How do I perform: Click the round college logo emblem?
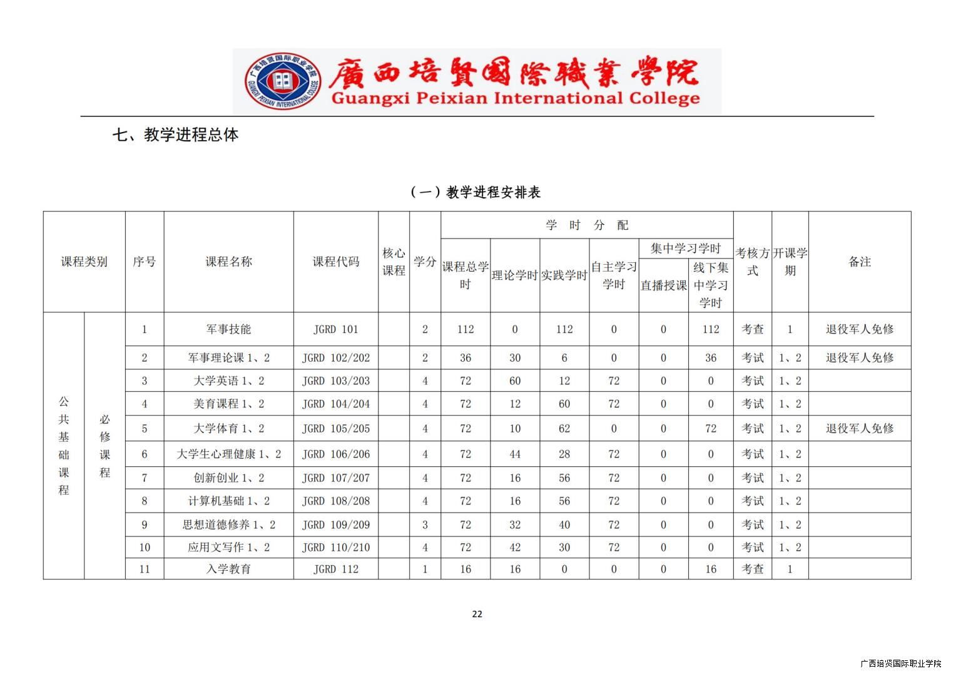pos(283,81)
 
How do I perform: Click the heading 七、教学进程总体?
pos(175,135)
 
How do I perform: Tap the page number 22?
pos(477,614)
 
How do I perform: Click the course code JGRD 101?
pos(336,329)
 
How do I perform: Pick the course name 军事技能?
pos(228,329)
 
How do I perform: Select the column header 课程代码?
pos(336,262)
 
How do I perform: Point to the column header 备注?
pos(860,262)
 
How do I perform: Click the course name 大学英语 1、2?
pos(228,381)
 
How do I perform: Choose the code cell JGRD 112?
pos(336,569)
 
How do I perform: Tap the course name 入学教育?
pos(228,569)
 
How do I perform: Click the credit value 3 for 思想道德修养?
pos(425,525)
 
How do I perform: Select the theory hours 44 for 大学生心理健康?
pos(515,454)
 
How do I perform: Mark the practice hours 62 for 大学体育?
pos(564,429)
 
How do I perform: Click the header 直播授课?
pos(663,285)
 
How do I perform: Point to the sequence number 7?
pos(145,478)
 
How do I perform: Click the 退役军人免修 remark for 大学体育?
pos(860,429)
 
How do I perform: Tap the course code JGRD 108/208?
pos(336,501)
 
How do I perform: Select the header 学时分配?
pos(587,225)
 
